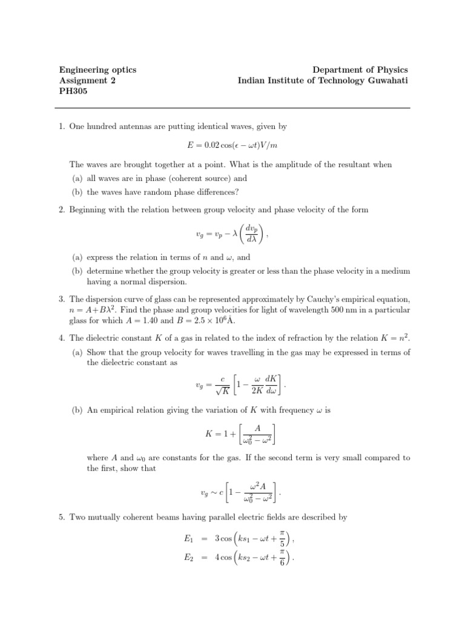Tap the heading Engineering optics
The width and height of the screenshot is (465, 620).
click(97, 70)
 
